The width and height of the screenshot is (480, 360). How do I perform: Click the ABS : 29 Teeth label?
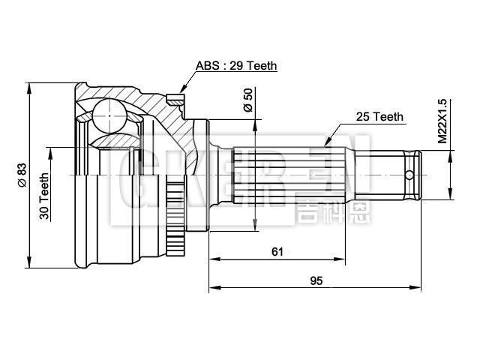pos(237,66)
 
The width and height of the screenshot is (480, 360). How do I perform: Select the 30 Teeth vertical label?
pos(45,196)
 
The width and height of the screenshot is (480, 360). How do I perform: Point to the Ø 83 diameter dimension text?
pos(22,175)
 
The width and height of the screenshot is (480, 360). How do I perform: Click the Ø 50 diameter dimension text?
pos(248,100)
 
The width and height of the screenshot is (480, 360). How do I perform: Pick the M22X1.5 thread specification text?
pos(442,121)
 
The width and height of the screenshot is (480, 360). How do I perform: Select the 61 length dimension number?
pos(277,252)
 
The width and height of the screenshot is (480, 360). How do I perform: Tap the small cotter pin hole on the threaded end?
pos(409,175)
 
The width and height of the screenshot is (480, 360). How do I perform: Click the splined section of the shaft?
pos(289,175)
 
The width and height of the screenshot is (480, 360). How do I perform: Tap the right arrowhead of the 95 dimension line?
pos(418,286)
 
